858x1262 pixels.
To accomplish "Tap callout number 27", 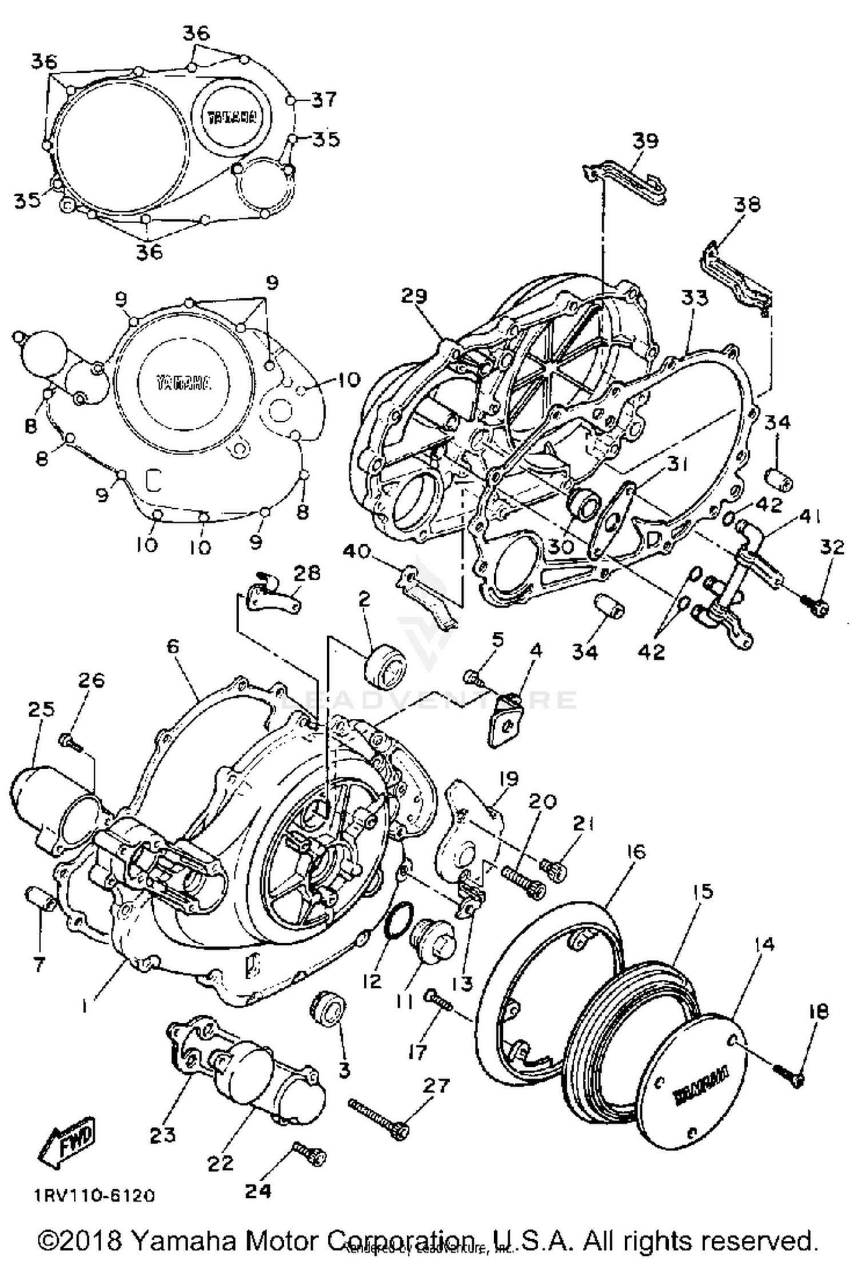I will click(436, 1086).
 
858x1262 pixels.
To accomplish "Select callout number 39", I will click(646, 140).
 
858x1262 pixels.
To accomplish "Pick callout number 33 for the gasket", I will click(694, 298).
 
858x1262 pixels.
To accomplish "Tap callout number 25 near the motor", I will click(41, 709).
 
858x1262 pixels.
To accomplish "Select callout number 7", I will click(39, 966).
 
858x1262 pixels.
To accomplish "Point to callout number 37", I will click(324, 100).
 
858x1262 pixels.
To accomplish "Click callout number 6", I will click(173, 646).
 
